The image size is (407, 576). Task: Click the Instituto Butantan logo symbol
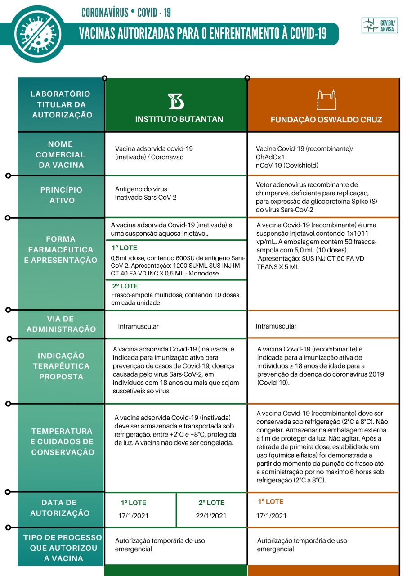click(x=176, y=101)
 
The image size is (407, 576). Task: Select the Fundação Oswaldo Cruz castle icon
click(x=326, y=100)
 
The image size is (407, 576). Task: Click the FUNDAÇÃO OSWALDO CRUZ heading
click(x=326, y=120)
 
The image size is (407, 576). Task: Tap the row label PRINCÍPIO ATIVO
click(x=61, y=195)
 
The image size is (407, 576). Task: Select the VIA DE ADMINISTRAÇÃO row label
click(x=61, y=324)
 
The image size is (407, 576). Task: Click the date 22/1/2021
click(x=211, y=516)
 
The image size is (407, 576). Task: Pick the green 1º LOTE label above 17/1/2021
click(x=134, y=503)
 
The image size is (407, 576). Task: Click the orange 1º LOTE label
click(x=271, y=501)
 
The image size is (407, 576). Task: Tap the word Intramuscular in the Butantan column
click(x=139, y=326)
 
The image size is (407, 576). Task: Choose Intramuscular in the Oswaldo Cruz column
click(x=276, y=326)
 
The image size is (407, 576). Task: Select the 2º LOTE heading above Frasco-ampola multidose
click(x=125, y=286)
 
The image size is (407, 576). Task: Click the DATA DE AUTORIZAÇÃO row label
click(x=59, y=508)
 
